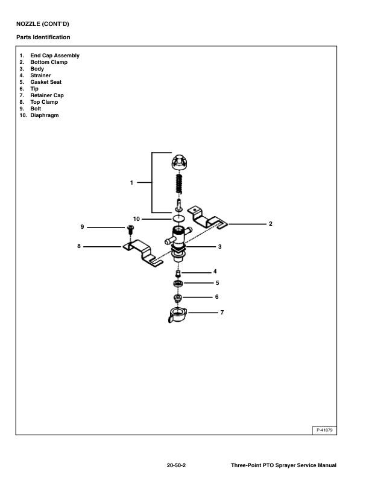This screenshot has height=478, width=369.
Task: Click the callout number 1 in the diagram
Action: pos(132,182)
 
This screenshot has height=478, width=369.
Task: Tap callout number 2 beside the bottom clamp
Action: pos(271,224)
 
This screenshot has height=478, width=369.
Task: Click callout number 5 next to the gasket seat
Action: pos(216,282)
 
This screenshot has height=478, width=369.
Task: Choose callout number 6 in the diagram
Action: pos(216,297)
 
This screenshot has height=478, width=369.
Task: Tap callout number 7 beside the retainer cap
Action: pos(221,313)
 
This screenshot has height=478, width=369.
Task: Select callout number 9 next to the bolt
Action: pos(82,227)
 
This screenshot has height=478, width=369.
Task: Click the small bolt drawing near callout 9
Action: pos(130,230)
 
